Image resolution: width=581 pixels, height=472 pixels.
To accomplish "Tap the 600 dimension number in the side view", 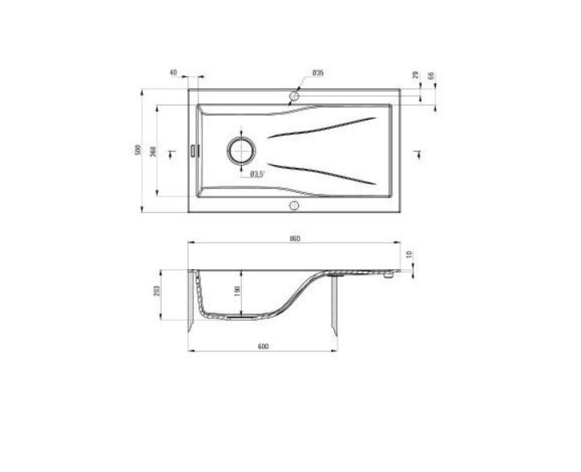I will click(x=263, y=346).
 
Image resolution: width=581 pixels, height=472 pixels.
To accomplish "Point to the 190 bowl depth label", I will click(x=237, y=292).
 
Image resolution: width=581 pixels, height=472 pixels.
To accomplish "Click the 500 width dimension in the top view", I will click(x=138, y=150).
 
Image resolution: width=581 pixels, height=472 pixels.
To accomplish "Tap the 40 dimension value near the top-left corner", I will click(x=173, y=72).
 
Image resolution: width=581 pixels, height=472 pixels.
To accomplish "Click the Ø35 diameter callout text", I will click(x=317, y=73).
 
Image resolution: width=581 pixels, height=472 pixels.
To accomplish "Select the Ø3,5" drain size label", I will click(x=257, y=174).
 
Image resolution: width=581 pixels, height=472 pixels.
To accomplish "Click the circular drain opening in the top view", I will click(x=241, y=150).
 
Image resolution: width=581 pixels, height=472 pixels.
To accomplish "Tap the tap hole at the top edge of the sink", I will click(x=294, y=96).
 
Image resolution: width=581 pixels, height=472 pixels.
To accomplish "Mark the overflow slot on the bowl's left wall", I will click(x=193, y=150).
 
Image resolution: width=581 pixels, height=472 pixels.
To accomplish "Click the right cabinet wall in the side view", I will click(x=334, y=306).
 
